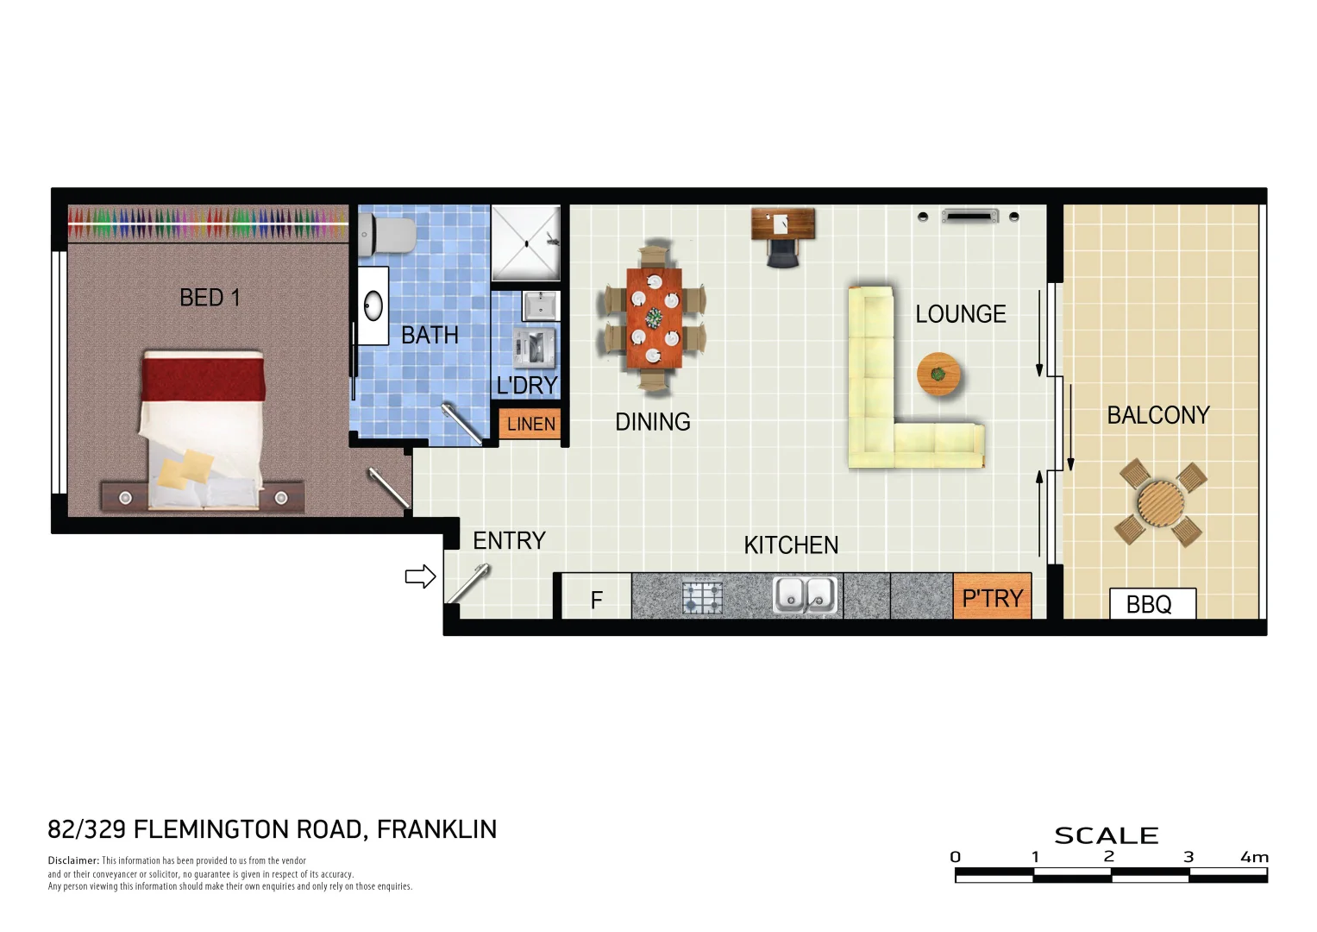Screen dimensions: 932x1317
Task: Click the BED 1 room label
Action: coord(210,298)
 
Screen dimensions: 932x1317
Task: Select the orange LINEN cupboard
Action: coord(530,424)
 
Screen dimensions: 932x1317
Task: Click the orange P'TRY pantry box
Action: coord(992,598)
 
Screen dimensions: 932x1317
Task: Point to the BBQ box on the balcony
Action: coord(1151,604)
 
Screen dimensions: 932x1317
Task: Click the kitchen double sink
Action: coord(805,595)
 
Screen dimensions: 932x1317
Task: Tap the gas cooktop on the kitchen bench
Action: coord(702,597)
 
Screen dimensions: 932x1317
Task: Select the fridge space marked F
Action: coord(596,599)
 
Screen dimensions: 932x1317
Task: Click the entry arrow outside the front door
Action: coord(420,576)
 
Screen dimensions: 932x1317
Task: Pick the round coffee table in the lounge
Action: coord(938,375)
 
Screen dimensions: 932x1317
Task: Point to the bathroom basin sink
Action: coord(373,305)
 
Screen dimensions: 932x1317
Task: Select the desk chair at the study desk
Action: coord(783,252)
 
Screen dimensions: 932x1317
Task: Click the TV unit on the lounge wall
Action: coord(969,216)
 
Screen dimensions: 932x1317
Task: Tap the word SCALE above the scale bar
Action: coord(1106,835)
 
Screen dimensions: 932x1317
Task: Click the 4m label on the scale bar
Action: coord(1254,857)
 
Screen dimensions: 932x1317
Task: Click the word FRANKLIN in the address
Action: coord(436,829)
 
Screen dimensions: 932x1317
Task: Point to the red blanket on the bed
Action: coord(203,380)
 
